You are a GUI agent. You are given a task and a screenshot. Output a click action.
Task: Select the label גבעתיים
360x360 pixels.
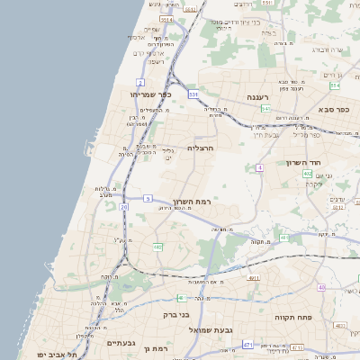coord(121,343)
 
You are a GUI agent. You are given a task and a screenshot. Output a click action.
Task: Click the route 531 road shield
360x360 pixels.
coord(193,93)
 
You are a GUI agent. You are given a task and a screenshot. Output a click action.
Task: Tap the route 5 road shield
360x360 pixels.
coord(147,197)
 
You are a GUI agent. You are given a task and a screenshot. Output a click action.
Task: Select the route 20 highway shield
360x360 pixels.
coord(123,207)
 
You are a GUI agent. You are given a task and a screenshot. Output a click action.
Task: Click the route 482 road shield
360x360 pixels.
coord(158,247)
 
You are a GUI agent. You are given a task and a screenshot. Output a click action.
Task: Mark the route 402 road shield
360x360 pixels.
coord(308,174)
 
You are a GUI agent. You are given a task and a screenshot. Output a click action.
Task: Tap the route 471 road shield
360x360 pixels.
coord(247,344)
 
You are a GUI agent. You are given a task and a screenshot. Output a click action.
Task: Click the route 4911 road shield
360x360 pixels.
coord(254,279)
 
